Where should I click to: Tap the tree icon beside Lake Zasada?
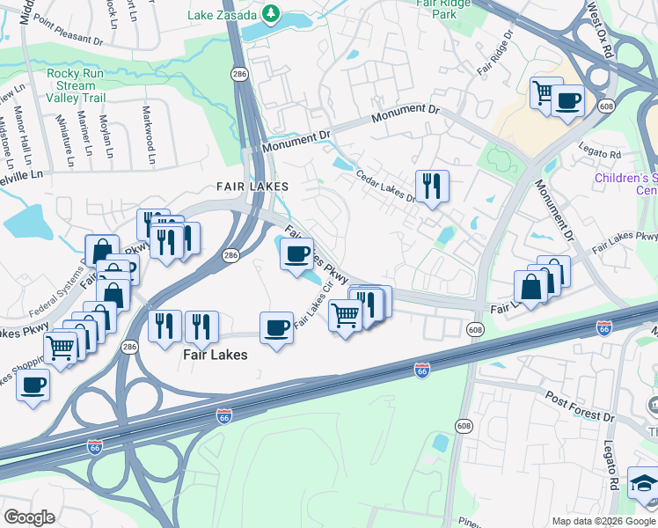[273, 13]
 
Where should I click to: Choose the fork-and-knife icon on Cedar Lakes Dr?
[430, 186]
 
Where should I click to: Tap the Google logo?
[29, 517]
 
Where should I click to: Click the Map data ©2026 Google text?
[603, 521]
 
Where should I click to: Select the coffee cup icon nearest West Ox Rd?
[568, 101]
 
